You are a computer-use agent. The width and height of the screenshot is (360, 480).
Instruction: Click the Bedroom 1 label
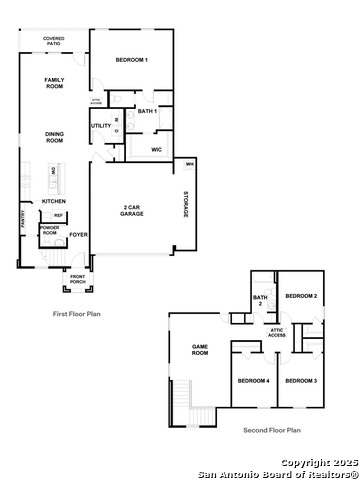click(131, 61)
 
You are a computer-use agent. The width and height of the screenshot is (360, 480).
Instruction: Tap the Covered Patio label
click(54, 41)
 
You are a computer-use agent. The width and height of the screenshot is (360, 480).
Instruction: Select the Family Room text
click(54, 82)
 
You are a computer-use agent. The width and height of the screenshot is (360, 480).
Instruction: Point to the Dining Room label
click(54, 137)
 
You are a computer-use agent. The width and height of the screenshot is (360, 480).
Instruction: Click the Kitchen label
click(54, 200)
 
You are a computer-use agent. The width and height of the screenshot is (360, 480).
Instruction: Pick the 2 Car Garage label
click(132, 210)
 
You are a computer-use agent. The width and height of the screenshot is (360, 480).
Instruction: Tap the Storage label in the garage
click(185, 204)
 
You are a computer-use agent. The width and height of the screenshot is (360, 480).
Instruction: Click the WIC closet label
click(156, 149)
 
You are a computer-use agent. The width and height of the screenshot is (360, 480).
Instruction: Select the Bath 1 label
click(146, 110)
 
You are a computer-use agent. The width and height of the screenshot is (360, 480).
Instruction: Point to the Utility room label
click(101, 125)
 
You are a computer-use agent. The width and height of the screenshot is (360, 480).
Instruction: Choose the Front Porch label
click(77, 279)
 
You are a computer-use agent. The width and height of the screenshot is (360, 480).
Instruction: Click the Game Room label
click(200, 350)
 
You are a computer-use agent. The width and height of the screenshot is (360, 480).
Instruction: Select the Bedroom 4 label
click(253, 380)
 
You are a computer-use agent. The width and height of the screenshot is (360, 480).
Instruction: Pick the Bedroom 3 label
click(300, 380)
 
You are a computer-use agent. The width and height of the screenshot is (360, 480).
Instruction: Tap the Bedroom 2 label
click(301, 296)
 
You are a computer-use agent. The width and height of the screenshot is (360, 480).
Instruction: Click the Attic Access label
click(277, 333)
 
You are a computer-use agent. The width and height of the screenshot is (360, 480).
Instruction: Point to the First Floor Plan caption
click(77, 314)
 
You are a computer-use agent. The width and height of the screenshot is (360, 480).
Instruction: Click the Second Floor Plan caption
click(272, 430)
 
